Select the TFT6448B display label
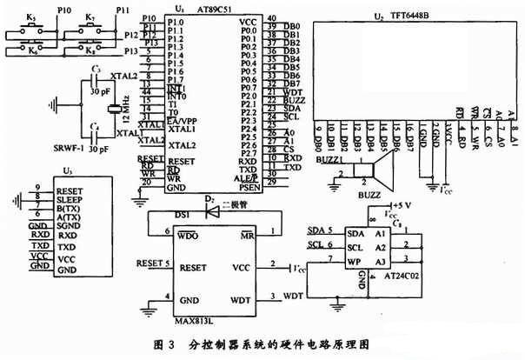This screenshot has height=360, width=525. (409, 17)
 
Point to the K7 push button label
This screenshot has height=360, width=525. (91, 17)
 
